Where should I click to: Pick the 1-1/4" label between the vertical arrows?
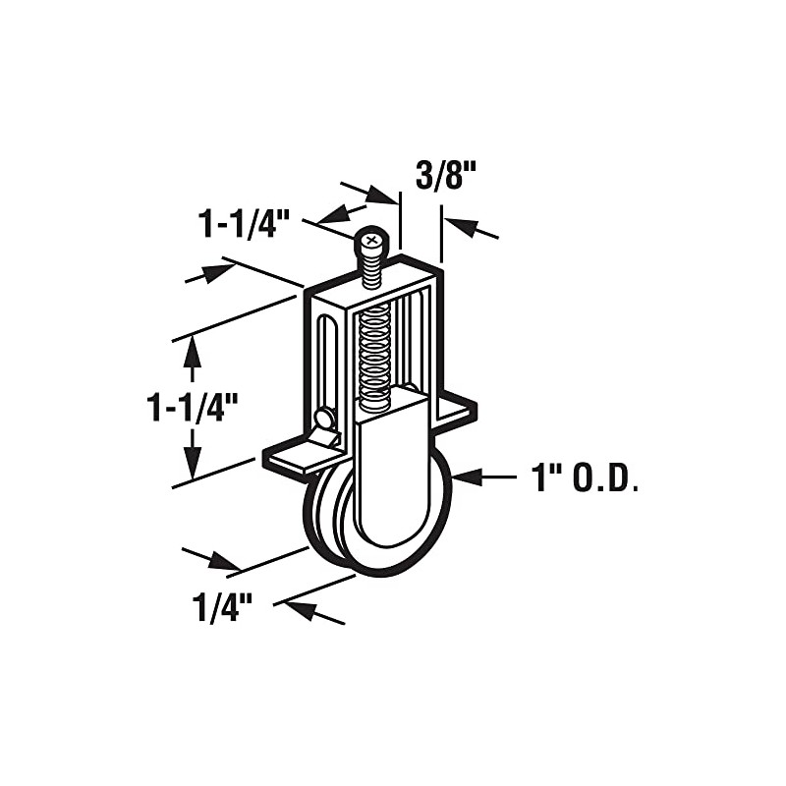(194, 405)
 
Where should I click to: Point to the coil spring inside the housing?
(374, 359)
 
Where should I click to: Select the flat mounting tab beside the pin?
(295, 456)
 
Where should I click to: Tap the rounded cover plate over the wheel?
(390, 472)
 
